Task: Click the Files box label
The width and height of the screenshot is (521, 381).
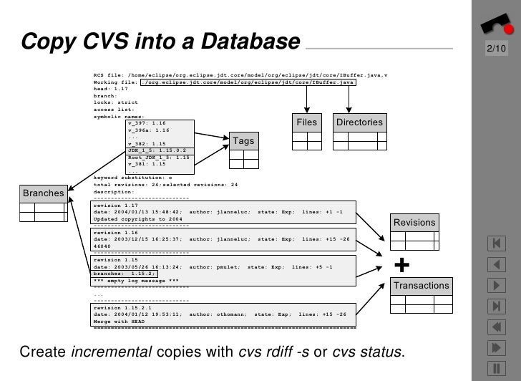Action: pos(306,122)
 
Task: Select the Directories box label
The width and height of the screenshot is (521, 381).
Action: pos(359,122)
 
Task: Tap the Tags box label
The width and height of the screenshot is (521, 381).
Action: pos(244,141)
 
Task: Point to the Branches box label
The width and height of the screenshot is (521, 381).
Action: pos(43,193)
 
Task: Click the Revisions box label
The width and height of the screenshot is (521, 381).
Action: pos(414,223)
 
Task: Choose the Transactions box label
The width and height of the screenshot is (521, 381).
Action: pos(422,286)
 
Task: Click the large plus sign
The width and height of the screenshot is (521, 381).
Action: pos(402,266)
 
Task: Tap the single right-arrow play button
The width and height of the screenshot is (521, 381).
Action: pos(496,286)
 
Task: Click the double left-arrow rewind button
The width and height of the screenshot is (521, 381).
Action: pos(496,327)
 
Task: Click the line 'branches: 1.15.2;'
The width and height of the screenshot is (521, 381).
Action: pos(120,274)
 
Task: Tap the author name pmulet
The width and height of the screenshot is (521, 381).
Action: pos(223,266)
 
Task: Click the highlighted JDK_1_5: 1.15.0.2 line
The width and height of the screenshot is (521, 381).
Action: pos(157,150)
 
